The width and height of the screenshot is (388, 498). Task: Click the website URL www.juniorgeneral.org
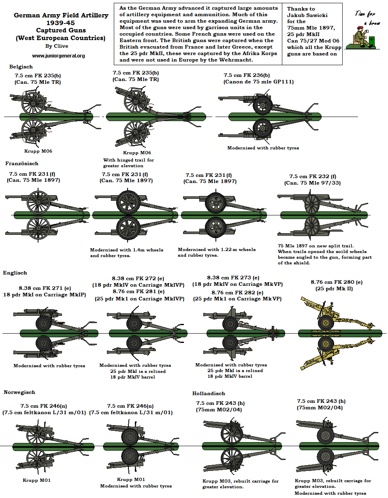pos(58,55)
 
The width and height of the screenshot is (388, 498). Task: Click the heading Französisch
pos(22,164)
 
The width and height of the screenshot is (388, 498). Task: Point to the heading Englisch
pos(15,273)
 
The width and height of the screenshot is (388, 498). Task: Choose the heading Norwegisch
pos(19,392)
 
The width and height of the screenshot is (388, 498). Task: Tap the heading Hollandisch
pos(209,393)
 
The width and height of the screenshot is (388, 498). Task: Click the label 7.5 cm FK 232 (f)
pos(313,177)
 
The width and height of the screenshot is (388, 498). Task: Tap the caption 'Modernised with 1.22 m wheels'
pos(217,249)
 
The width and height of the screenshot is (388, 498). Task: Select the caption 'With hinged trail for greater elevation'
pos(128,163)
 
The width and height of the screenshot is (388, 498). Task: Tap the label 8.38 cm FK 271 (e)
pos(45,288)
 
